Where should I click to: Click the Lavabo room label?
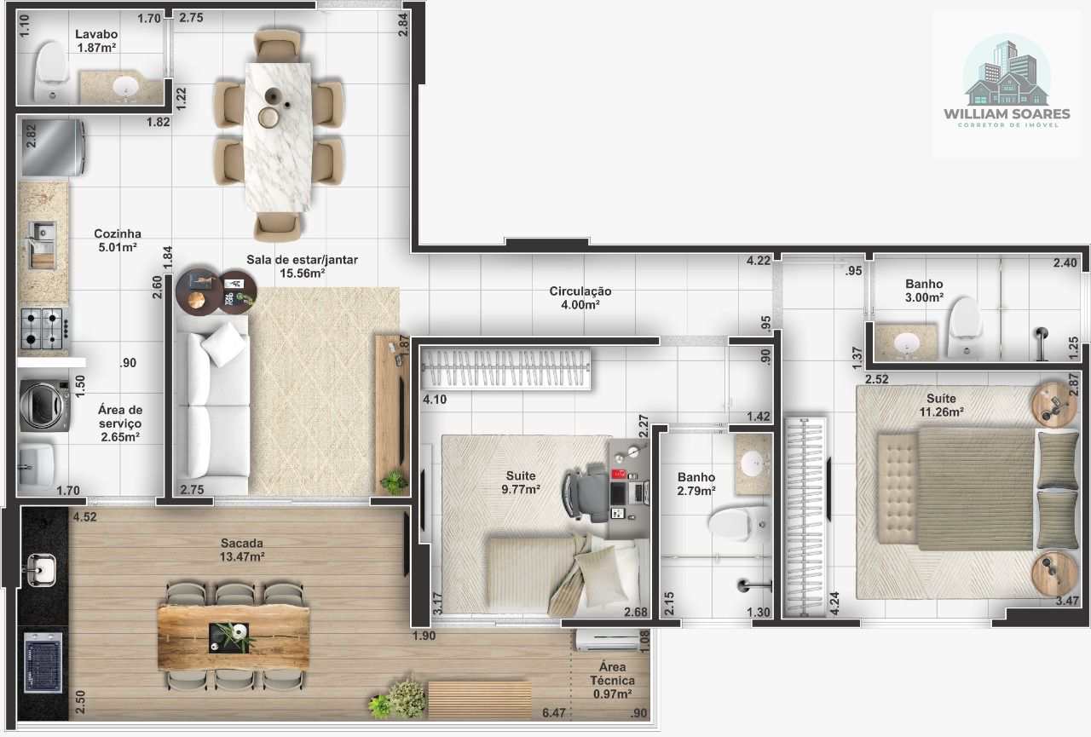(x=96, y=41)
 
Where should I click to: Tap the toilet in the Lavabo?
(x=50, y=72)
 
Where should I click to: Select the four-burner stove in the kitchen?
(x=43, y=328)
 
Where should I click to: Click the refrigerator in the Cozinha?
(x=53, y=147)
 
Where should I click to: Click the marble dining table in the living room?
(x=278, y=137)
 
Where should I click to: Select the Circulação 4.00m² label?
(x=580, y=297)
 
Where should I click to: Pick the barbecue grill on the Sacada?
(x=43, y=662)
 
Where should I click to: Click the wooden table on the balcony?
(x=234, y=637)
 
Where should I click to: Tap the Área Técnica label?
(x=612, y=680)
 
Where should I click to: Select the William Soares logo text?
(x=1007, y=114)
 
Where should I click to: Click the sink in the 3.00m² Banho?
(x=906, y=343)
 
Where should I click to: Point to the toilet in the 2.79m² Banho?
(x=738, y=523)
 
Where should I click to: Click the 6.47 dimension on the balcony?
(x=554, y=712)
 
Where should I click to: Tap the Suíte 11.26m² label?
(x=941, y=405)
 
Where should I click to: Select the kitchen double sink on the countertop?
(x=42, y=245)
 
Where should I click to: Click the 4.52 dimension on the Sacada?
(x=84, y=517)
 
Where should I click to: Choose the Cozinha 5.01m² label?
(x=118, y=240)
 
